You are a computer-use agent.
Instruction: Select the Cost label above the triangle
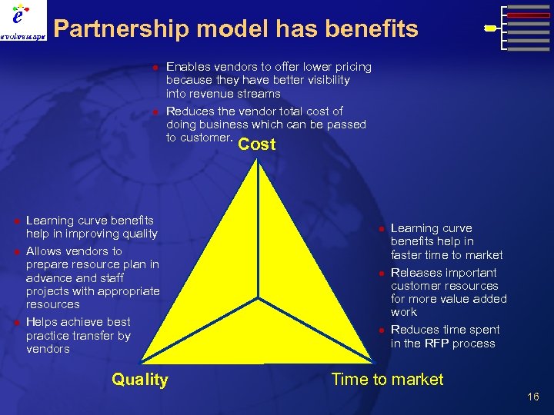pyautogui.click(x=257, y=144)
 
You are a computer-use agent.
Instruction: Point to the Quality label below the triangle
pyautogui.click(x=139, y=379)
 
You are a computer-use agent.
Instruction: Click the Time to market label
pyautogui.click(x=387, y=379)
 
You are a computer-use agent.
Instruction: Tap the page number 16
pyautogui.click(x=533, y=397)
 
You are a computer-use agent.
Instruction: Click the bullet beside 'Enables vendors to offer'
pyautogui.click(x=154, y=68)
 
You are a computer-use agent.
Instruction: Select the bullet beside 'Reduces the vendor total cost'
pyautogui.click(x=154, y=112)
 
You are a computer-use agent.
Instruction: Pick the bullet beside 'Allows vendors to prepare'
pyautogui.click(x=15, y=252)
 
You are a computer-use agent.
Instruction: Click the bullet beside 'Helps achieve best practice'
pyautogui.click(x=15, y=323)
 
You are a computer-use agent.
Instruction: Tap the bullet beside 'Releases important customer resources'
pyautogui.click(x=379, y=274)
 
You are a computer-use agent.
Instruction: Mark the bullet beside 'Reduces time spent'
pyautogui.click(x=379, y=330)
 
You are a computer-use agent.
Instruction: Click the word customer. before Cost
pyautogui.click(x=209, y=138)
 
